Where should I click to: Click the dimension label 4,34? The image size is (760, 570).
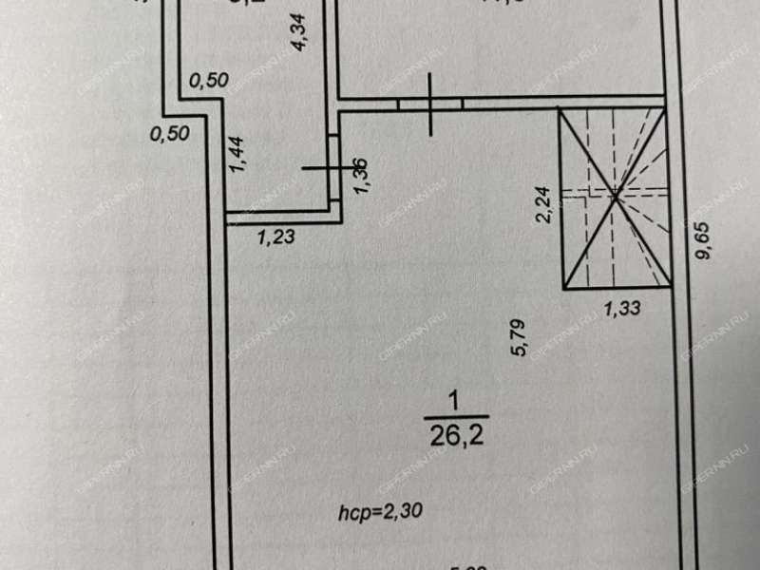coord(298,32)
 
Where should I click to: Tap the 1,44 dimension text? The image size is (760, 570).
coord(238,154)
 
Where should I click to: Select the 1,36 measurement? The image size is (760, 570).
coord(361,176)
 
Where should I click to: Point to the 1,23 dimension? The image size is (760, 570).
coord(275,238)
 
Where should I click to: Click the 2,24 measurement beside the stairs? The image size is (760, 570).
coord(543,203)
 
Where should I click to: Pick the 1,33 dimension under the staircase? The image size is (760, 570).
coord(623,307)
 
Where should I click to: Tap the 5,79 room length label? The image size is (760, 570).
coord(519,336)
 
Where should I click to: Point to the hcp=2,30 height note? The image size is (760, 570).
coord(380,512)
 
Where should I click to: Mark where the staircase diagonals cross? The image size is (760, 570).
coord(615,196)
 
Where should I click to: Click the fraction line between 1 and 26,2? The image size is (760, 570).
coord(456,416)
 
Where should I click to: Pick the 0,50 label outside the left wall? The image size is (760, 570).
coord(170,133)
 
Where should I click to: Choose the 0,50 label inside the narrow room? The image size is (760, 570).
coord(208,81)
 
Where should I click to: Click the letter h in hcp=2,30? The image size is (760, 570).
coord(343,512)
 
